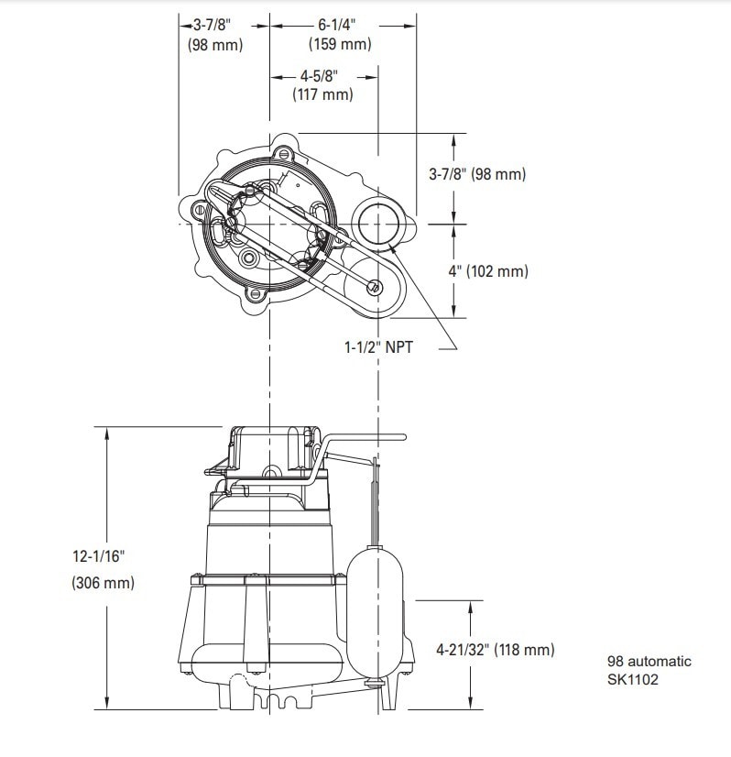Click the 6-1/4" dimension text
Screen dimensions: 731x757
pos(337,25)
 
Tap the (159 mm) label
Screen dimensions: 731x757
pos(340,44)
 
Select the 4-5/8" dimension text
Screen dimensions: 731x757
pos(319,76)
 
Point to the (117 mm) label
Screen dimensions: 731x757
pos(322,93)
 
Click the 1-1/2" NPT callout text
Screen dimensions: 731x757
pos(378,347)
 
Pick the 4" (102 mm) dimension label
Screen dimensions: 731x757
pos(488,271)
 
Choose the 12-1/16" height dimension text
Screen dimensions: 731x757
pos(98,556)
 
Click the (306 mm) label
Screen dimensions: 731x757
pos(104,583)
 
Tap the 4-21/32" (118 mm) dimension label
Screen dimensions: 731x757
pos(496,650)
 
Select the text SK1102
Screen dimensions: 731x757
pos(633,680)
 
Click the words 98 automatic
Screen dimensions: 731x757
pos(649,661)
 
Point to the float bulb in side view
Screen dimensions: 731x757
pos(375,611)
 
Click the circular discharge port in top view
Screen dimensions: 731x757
pos(377,224)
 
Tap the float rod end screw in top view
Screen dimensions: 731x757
pos(375,288)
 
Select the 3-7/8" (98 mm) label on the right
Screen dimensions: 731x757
pos(477,174)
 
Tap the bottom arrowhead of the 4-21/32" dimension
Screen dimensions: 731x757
pos(471,704)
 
